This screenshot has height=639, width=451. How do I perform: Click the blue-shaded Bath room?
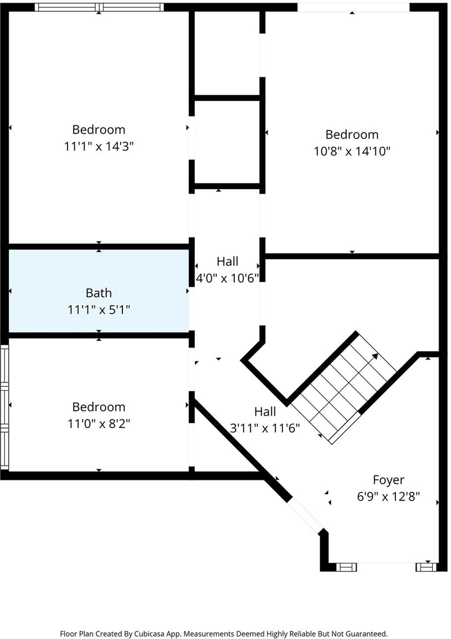coord(99,291)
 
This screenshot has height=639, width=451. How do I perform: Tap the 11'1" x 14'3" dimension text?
coord(99,146)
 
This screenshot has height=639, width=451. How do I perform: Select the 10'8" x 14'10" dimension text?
coord(352,151)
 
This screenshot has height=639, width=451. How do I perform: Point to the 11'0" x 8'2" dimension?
coord(99,424)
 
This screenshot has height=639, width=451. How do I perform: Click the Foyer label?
coord(389,480)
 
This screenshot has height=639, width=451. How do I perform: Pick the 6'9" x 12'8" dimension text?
coord(389,497)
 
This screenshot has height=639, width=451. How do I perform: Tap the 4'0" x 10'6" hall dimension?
coord(227,278)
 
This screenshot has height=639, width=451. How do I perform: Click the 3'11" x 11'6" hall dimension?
coord(265,428)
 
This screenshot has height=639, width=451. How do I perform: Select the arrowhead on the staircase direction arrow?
coord(375,356)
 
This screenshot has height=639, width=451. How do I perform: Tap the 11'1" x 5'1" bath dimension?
coord(99,310)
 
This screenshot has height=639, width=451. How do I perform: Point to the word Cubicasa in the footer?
coord(151,634)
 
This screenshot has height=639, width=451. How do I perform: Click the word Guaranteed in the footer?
coord(366,634)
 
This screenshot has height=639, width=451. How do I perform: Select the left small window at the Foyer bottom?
coord(346,567)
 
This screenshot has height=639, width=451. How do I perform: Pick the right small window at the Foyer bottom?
coord(426,567)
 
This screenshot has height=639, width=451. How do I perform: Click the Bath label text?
coord(99,293)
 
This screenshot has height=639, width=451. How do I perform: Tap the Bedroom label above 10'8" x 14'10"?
coord(352,135)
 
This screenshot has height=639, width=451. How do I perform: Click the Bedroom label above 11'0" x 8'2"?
coord(99,407)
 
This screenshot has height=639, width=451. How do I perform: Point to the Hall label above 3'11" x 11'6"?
coord(265,412)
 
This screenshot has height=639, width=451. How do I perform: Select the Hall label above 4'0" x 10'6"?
coord(227,261)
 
